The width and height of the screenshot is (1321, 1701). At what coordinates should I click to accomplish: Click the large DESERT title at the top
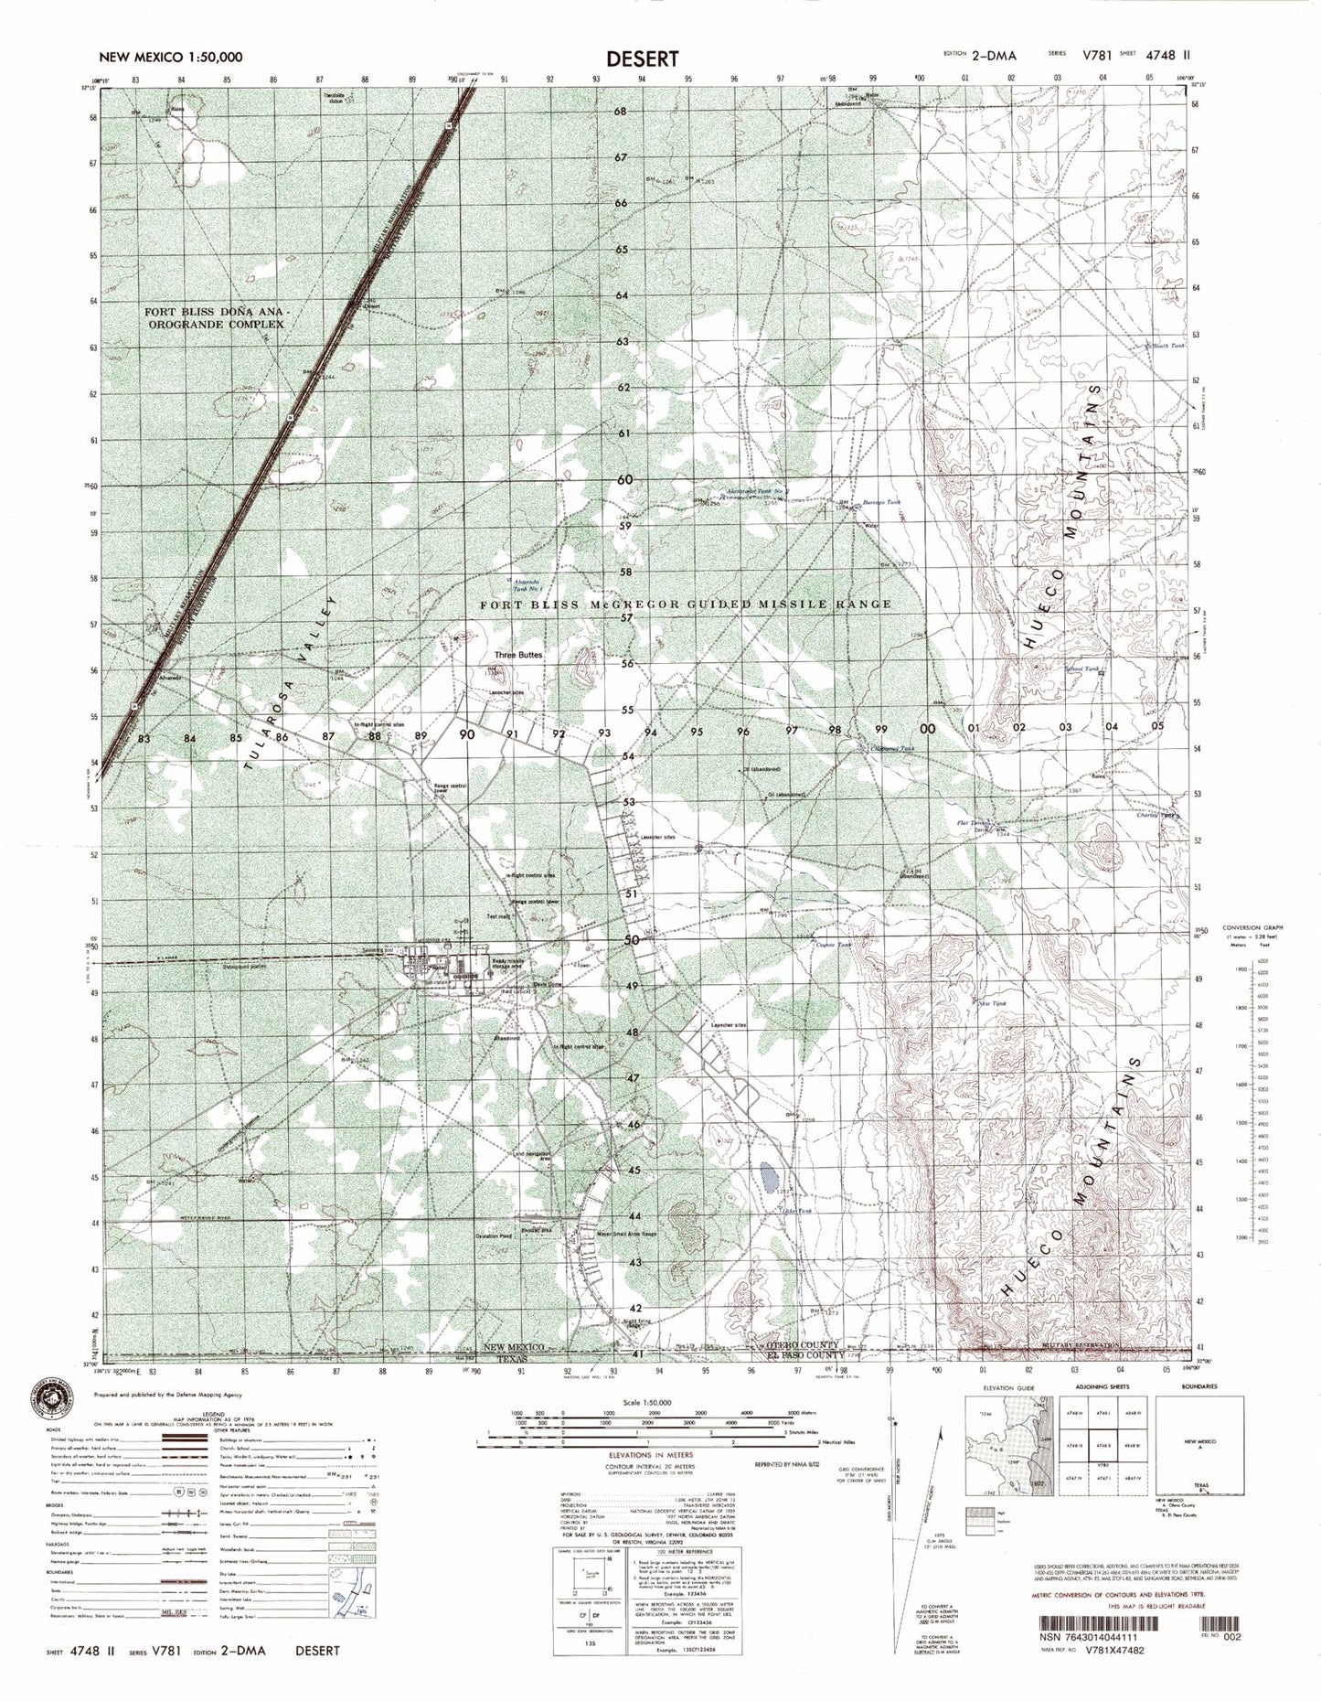click(642, 58)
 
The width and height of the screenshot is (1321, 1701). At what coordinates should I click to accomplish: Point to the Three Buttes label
click(518, 655)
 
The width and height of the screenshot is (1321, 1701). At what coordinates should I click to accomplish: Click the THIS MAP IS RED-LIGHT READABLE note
click(1153, 1631)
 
